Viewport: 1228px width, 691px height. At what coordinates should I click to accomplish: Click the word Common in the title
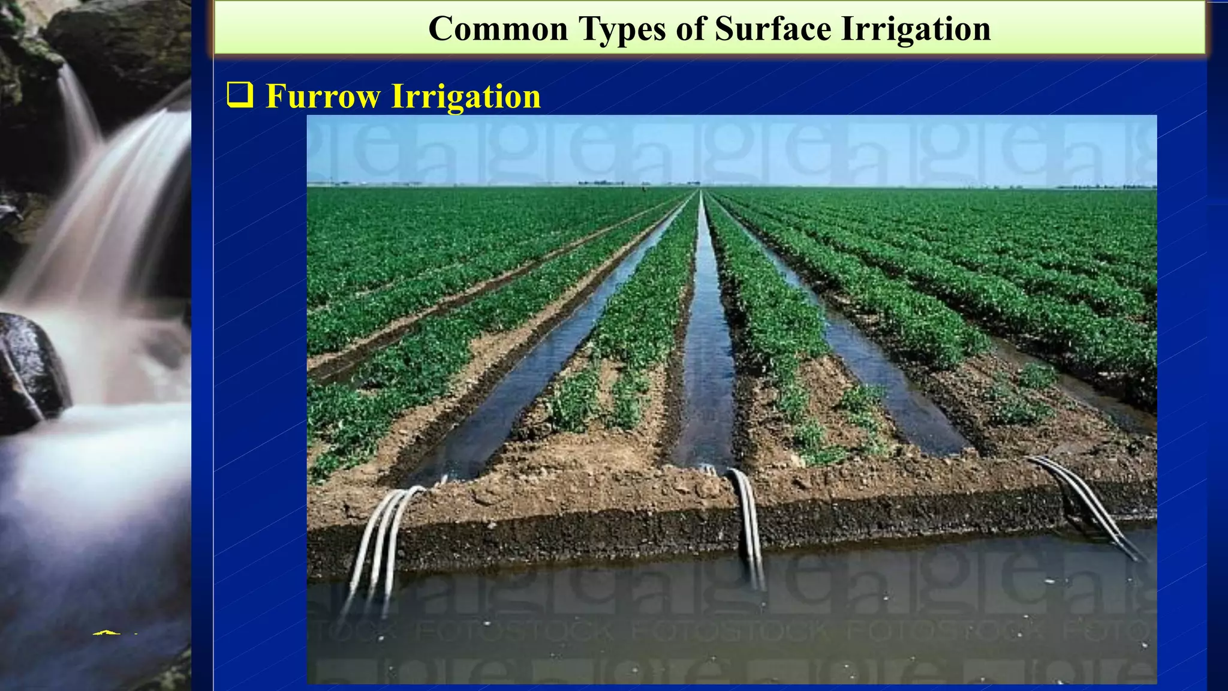click(498, 29)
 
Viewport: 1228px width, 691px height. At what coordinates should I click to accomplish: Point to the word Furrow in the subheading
click(323, 96)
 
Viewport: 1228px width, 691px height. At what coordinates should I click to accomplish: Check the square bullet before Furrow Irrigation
click(240, 95)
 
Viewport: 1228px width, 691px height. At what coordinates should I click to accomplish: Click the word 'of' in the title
click(690, 29)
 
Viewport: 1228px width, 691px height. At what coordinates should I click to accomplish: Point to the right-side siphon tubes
click(1085, 504)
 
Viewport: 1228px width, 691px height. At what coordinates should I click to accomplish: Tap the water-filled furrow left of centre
click(528, 390)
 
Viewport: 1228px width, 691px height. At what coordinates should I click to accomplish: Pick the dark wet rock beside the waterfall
click(30, 372)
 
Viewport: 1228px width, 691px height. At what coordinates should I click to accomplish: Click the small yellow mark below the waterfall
click(107, 632)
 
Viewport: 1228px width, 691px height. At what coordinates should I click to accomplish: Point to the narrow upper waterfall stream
click(78, 108)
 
